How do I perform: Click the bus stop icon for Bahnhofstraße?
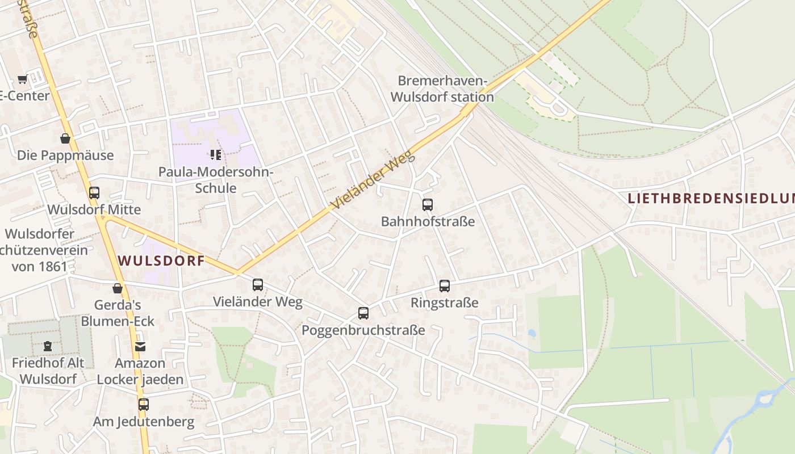tap(428, 205)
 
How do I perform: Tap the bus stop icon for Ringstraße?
tap(445, 286)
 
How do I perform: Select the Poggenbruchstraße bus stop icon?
tap(363, 313)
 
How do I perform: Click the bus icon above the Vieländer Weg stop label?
tap(258, 285)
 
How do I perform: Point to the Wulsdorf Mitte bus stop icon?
tap(94, 193)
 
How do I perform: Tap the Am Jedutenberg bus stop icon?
tap(144, 405)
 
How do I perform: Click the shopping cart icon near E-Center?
tap(22, 79)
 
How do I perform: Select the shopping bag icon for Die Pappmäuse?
tap(65, 138)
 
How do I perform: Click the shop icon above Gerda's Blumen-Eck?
tap(118, 288)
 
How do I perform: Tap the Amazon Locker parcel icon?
tap(140, 346)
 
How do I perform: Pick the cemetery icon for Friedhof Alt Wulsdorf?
tap(48, 346)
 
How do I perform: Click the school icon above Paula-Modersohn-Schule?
tap(215, 154)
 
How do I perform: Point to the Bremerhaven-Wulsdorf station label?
tap(442, 89)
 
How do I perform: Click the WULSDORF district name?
tap(161, 261)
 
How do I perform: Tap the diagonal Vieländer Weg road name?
tap(373, 180)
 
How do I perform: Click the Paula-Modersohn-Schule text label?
tap(216, 180)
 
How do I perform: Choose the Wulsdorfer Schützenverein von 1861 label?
tap(40, 250)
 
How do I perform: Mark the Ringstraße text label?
tap(445, 303)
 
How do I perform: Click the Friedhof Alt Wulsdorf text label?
tap(48, 371)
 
